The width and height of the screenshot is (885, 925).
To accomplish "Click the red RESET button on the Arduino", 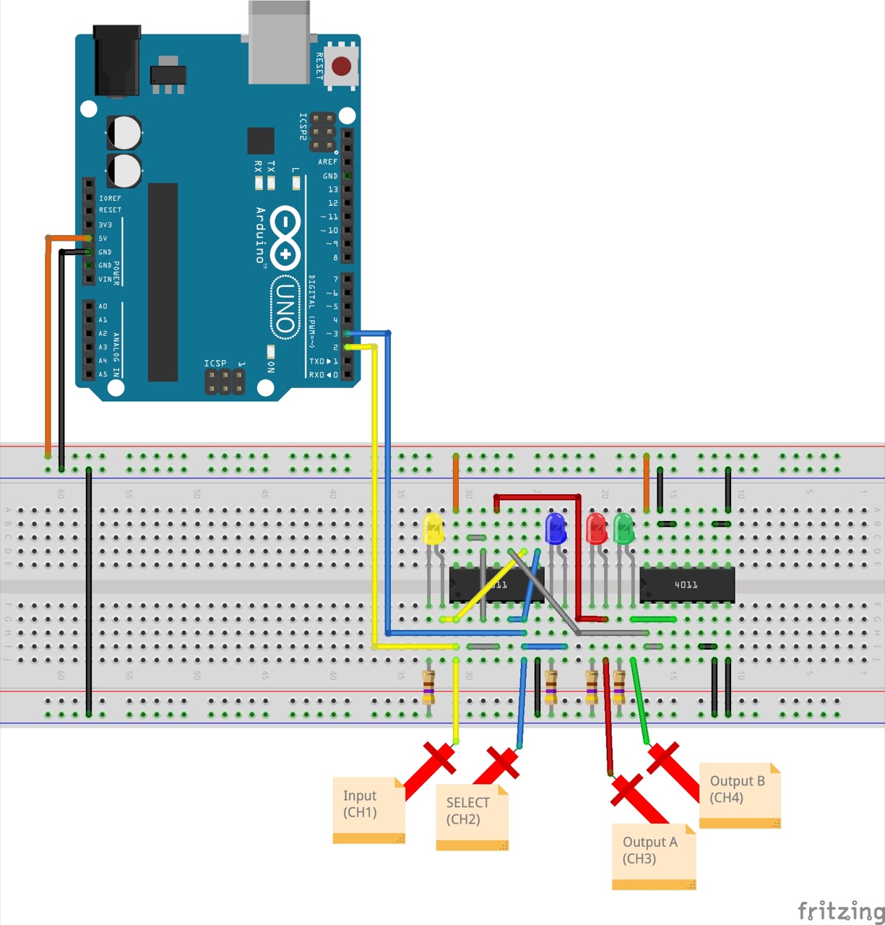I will coord(341,66).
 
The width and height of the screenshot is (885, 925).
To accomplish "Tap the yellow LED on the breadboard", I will coord(433,529).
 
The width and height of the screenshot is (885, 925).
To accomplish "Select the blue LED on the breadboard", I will coord(556,529).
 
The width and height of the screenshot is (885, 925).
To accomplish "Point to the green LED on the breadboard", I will coord(623,529).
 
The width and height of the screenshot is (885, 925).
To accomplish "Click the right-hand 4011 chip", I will coord(687,585).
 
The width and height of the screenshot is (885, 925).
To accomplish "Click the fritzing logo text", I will coord(840,911).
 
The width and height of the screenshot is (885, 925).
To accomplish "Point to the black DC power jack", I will coord(117,61).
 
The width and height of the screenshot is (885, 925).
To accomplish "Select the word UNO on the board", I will coord(286,307).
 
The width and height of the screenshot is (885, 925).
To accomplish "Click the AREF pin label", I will coord(328,162).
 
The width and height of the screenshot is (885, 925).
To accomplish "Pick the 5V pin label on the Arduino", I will coord(103,238).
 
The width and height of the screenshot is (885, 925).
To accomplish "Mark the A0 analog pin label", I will coord(103,306).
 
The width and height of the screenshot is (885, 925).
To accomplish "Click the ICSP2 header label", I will coord(303,126).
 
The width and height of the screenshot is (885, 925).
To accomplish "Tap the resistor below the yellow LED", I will coord(428,684).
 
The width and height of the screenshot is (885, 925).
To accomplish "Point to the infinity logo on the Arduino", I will coord(286,237).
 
